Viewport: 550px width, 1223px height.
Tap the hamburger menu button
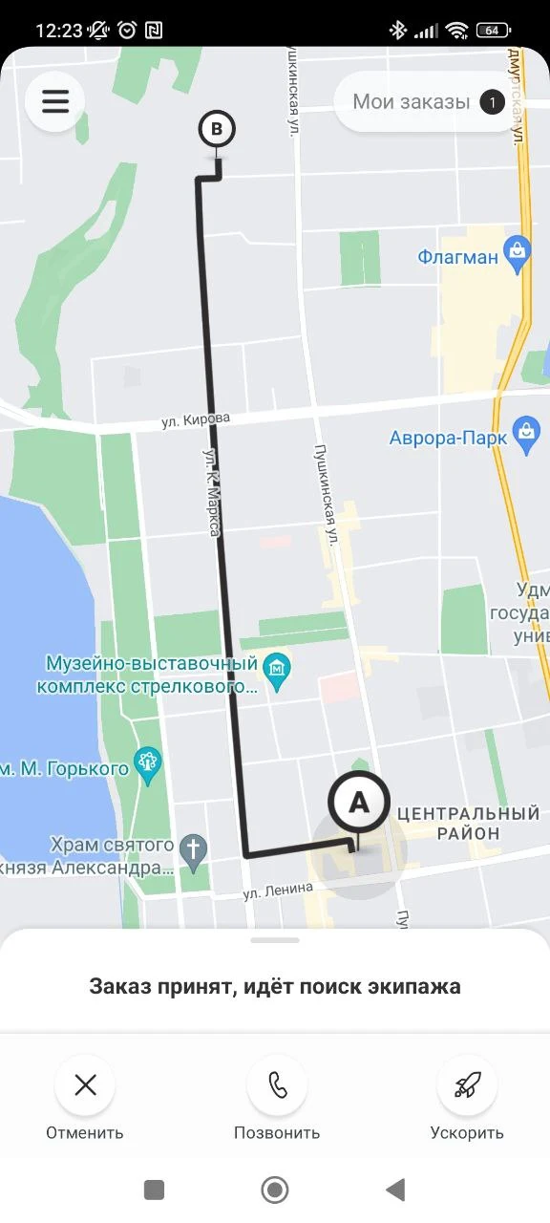point(55,101)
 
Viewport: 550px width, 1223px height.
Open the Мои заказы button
point(412,101)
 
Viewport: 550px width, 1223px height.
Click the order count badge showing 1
point(492,101)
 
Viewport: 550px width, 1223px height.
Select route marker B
point(217,129)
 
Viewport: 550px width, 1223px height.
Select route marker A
point(358,803)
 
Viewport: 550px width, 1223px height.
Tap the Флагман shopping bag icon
point(518,255)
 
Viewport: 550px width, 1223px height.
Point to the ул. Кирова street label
point(196,419)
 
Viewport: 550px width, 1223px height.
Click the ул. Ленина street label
point(278,891)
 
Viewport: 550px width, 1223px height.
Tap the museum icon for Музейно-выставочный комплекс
point(277,664)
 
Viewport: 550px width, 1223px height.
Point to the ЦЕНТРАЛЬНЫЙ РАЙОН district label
point(468,824)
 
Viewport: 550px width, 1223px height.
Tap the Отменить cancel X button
point(85,1085)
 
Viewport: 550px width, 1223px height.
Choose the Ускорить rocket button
point(467,1085)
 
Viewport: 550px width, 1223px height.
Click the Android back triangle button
point(395,1190)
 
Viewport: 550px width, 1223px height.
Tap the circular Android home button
point(275,1190)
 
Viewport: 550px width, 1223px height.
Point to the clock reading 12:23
point(59,30)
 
